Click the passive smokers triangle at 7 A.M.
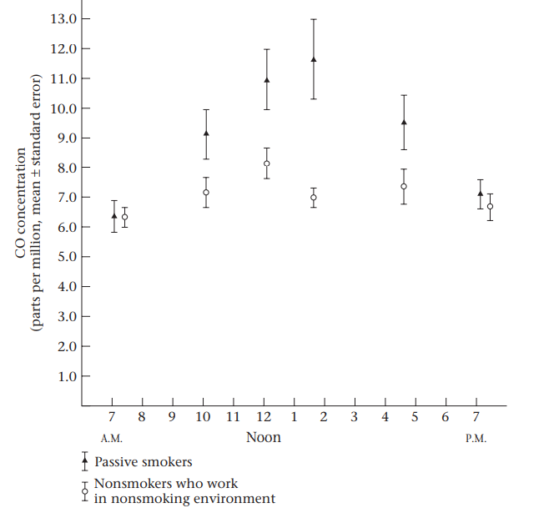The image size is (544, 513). click(x=114, y=216)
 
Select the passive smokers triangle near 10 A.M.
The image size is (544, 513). click(x=206, y=133)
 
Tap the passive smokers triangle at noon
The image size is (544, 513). click(x=267, y=80)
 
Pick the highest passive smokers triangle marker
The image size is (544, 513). click(x=314, y=59)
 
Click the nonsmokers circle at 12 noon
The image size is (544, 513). click(x=267, y=163)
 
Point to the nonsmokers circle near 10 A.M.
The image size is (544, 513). click(x=206, y=193)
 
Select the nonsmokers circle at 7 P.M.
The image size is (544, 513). click(x=491, y=206)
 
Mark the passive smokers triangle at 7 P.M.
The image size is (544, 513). click(x=480, y=194)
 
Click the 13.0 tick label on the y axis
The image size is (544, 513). click(x=63, y=18)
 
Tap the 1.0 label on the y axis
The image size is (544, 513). click(x=67, y=376)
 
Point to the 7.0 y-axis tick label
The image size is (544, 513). click(x=67, y=198)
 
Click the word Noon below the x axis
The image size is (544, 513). click(x=264, y=437)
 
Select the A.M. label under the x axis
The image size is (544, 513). click(x=112, y=439)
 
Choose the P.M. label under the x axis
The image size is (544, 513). click(x=476, y=439)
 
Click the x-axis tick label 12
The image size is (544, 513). click(x=264, y=416)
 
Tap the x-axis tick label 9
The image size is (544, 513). click(x=172, y=416)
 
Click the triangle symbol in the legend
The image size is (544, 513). click(x=84, y=460)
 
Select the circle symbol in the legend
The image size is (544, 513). click(x=84, y=491)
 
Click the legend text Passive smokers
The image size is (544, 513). click(x=143, y=460)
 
